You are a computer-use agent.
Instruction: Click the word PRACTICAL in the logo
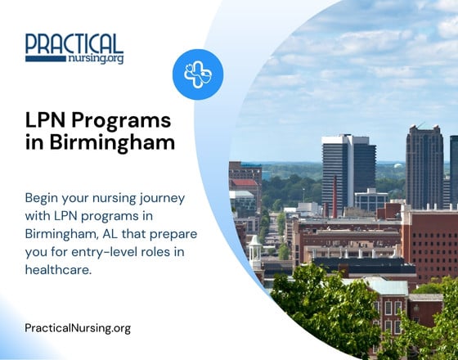point(74,43)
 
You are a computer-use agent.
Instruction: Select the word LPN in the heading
point(44,121)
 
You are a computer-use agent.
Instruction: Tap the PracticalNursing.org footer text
point(78,328)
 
